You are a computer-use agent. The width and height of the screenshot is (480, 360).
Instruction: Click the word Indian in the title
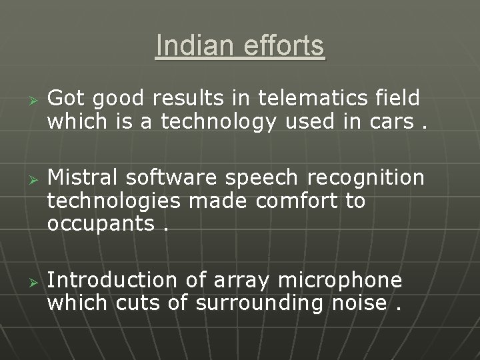[x=190, y=46]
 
